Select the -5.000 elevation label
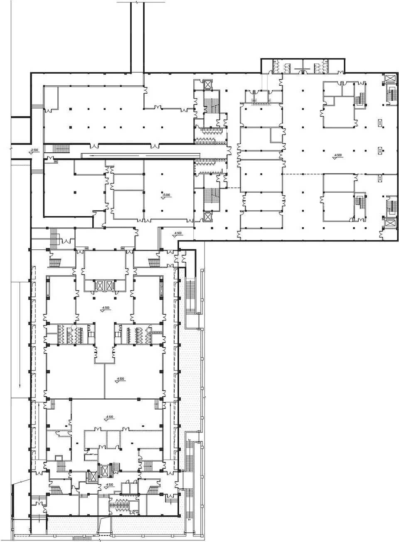click(x=167, y=195)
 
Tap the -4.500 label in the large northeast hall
click(x=337, y=156)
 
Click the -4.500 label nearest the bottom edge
click(x=109, y=485)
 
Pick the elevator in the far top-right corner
click(x=390, y=79)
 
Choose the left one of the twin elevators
click(x=100, y=286)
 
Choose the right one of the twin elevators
click(x=110, y=286)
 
